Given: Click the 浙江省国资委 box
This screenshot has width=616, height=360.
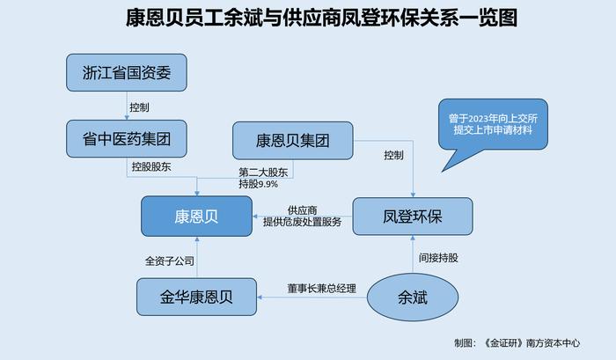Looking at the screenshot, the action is pos(127,73).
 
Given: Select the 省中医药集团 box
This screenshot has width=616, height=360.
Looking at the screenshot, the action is pos(127,139).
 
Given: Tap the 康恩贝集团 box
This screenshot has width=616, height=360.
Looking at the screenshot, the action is pos(293,140).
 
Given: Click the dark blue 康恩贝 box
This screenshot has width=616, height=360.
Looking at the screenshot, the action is pos(196,217).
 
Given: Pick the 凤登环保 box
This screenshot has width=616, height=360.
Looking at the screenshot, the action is pos(413,217).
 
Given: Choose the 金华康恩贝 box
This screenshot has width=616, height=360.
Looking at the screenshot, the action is pos(196,297).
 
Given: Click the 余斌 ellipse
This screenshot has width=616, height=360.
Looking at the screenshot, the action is pos(413,298).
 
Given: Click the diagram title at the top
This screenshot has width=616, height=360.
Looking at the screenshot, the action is pos(321,18).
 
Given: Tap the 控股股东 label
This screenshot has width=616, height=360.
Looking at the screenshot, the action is pos(151,166).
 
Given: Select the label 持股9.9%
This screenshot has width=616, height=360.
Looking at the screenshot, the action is pos(258,184).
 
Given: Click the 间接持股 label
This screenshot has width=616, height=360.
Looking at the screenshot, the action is pos(438,258).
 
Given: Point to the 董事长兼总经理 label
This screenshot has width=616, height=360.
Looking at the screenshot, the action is pos(322,289).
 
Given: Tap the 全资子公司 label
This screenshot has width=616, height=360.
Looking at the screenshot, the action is pos(170,261).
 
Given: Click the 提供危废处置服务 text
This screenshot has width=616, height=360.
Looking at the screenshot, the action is pos(302,222).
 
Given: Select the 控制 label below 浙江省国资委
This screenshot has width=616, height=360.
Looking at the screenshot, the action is pos(139,107).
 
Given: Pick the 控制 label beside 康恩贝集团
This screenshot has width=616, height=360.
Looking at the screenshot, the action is pos(393,155).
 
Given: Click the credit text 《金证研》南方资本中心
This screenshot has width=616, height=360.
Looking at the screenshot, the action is pos(532,343).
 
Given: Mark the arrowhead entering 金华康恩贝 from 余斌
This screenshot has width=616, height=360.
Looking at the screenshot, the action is pos(260,298).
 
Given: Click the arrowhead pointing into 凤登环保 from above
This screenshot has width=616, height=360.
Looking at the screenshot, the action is pos(413,195).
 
